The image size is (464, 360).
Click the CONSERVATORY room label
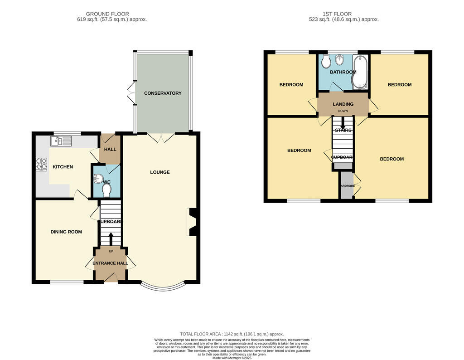pos(163,93)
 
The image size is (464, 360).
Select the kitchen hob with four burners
pos(42,164)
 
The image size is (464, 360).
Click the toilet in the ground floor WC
pos(106,193)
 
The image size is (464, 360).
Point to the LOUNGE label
pos(160,172)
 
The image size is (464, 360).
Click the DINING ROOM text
pos(66,232)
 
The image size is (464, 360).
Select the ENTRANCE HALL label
pos(111,263)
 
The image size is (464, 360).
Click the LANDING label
pos(343,104)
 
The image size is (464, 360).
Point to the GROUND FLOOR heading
pos(107,14)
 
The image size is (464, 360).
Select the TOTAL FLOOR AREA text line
pos(232,334)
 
